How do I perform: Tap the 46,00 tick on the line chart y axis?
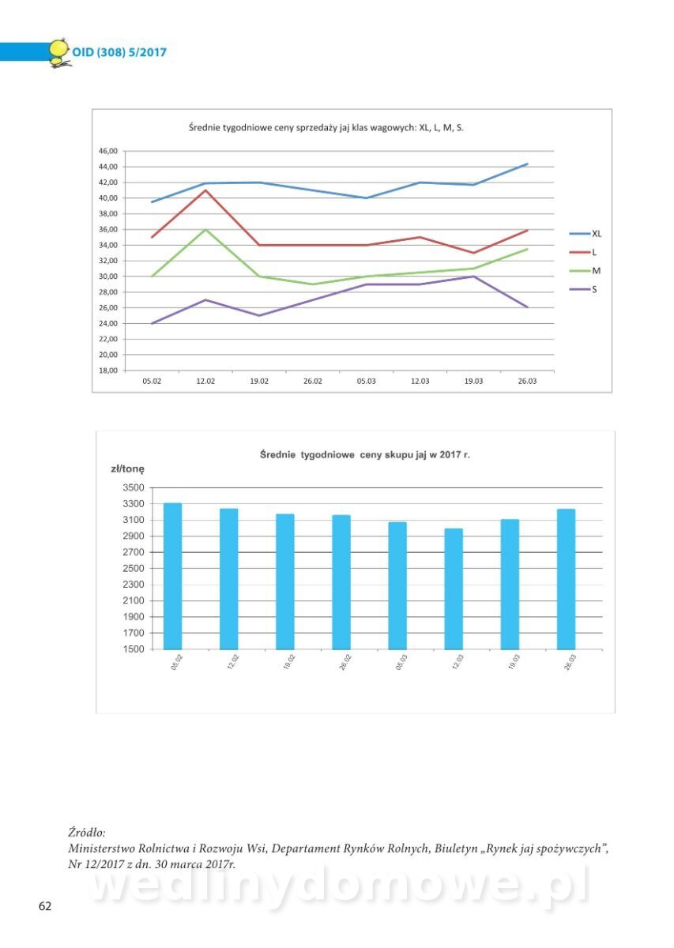[107, 151]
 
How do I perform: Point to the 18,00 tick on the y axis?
[107, 371]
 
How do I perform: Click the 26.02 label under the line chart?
[313, 382]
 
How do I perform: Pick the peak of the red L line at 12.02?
[205, 190]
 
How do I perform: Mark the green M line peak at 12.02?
[205, 229]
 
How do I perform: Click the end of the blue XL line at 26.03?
[527, 164]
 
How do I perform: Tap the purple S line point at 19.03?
[473, 276]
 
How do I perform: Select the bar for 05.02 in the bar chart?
[172, 576]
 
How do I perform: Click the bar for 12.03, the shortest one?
[454, 589]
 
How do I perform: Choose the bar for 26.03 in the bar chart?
[566, 579]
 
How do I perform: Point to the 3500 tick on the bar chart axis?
[133, 487]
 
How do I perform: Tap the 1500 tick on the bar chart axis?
[133, 649]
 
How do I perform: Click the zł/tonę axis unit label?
[127, 468]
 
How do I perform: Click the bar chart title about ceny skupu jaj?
[365, 455]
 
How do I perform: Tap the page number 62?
[45, 906]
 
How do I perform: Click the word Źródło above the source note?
[87, 833]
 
